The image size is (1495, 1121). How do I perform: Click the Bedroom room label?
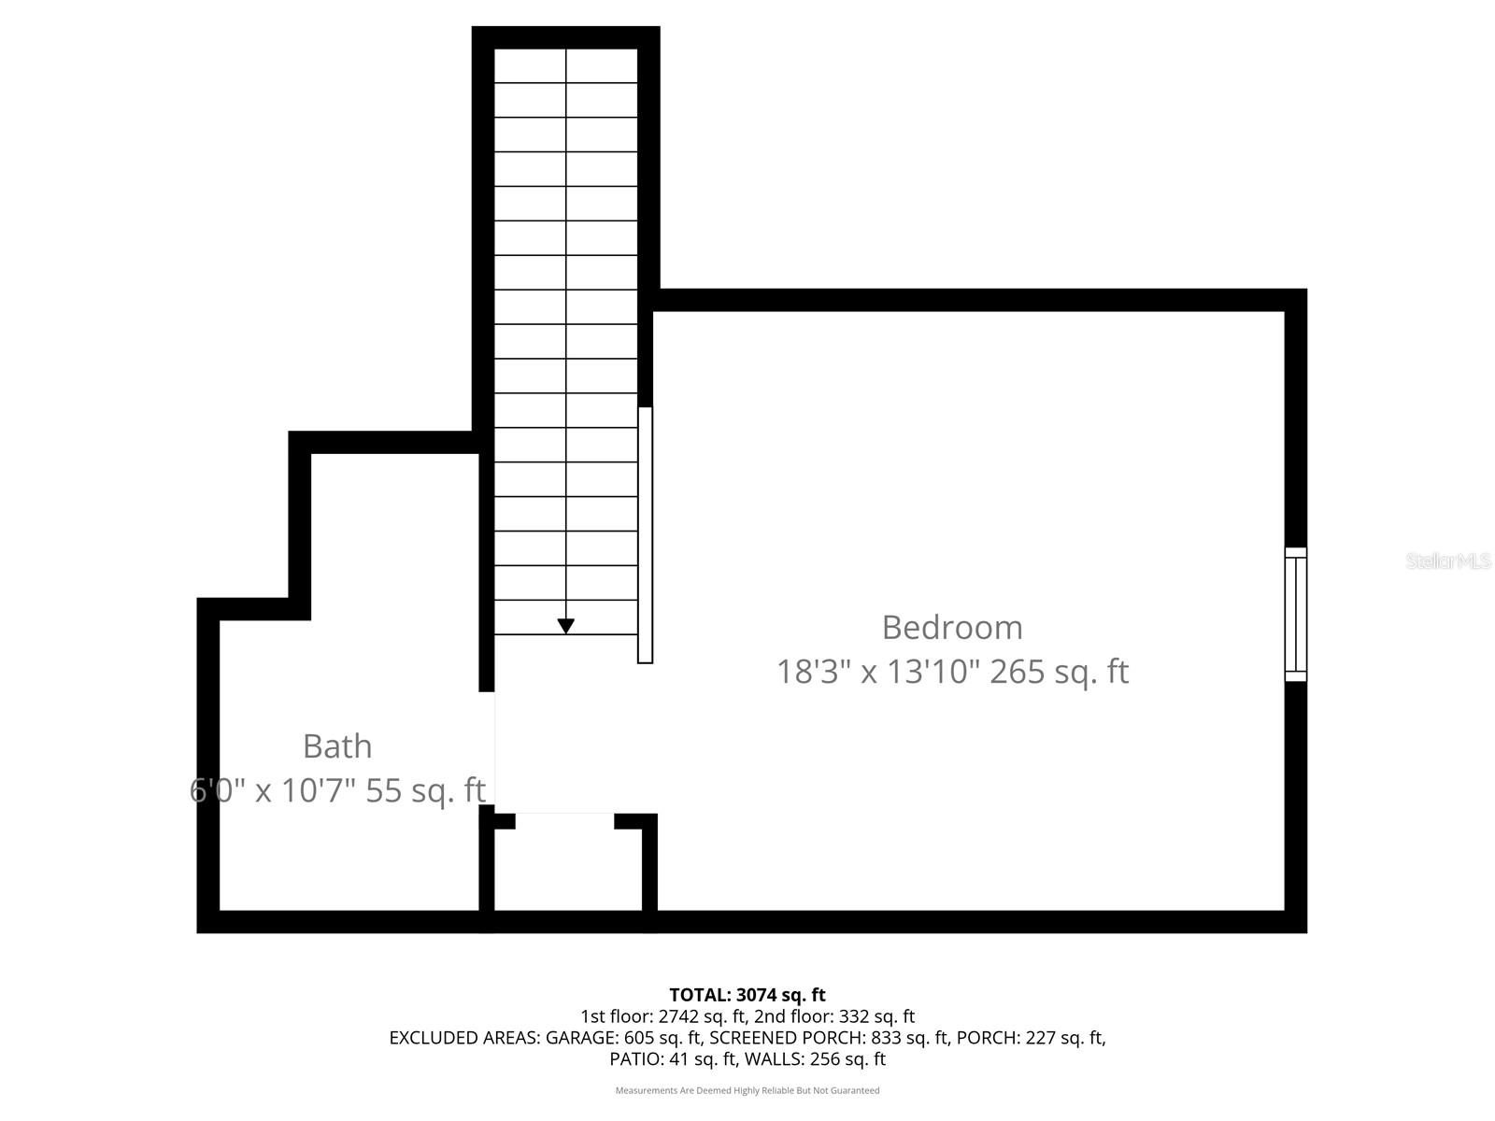[x=952, y=628]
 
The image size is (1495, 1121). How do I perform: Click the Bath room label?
[x=337, y=746]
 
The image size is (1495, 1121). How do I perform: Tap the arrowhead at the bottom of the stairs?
[x=565, y=626]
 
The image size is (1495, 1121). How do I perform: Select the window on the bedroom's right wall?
[x=1295, y=614]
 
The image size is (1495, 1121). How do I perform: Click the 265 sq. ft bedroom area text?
[x=1059, y=672]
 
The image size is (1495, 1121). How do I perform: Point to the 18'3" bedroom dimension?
[x=814, y=672]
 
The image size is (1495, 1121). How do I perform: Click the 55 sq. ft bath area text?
[x=425, y=790]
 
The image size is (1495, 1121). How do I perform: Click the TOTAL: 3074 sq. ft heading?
[x=747, y=995]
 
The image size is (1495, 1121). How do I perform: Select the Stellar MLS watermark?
[x=1447, y=561]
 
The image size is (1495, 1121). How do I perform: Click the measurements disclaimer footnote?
[x=747, y=1090]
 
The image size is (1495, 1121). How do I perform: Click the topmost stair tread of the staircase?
[x=565, y=65]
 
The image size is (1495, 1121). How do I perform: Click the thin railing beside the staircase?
[x=645, y=534]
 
